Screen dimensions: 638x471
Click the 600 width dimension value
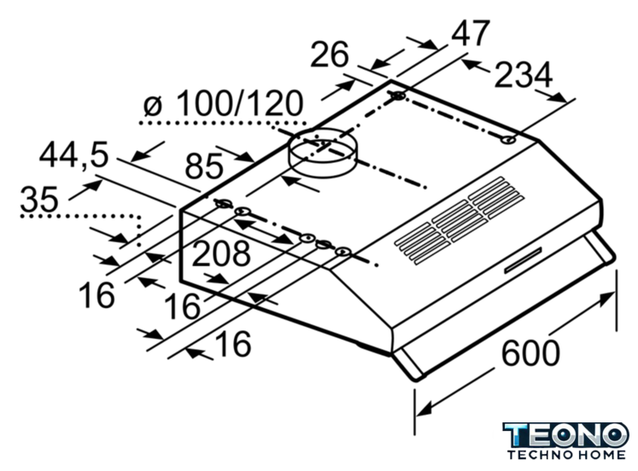(x=530, y=354)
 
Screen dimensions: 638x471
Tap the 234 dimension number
(x=524, y=75)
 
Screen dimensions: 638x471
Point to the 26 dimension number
(x=330, y=54)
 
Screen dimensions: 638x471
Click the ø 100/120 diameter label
(x=224, y=103)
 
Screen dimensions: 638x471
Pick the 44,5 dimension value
(x=74, y=154)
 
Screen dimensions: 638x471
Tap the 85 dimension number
(x=204, y=166)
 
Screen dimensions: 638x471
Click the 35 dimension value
(x=39, y=199)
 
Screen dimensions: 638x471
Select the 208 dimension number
(x=221, y=253)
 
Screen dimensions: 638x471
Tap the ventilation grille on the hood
(x=459, y=220)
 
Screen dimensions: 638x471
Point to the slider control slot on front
(x=523, y=260)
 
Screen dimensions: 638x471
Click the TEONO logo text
(x=566, y=435)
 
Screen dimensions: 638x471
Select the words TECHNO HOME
(x=566, y=454)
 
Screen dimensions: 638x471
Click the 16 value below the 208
(x=182, y=306)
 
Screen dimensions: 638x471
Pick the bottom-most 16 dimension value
(x=233, y=343)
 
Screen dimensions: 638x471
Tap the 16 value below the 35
(x=97, y=295)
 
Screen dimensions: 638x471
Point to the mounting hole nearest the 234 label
(x=508, y=140)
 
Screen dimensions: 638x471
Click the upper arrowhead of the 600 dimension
(x=606, y=299)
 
